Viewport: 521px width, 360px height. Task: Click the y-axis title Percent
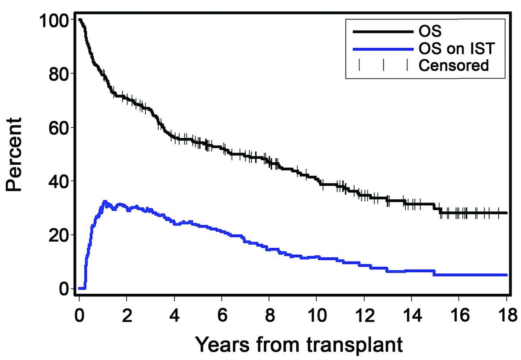(x=15, y=155)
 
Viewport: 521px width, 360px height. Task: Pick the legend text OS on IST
(x=456, y=49)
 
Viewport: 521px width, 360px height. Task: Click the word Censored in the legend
(x=454, y=65)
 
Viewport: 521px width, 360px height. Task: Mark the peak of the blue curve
(x=105, y=201)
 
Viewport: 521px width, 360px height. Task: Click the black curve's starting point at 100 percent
(x=79, y=20)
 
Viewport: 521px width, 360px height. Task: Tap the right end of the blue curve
(x=506, y=275)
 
